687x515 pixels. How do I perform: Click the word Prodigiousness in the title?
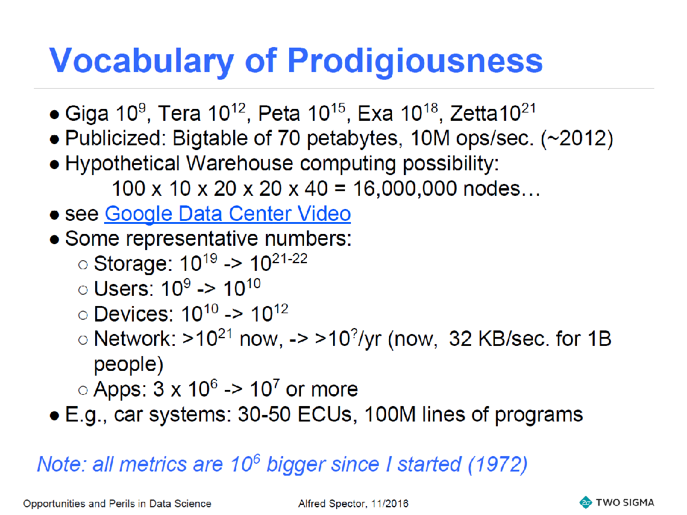click(415, 61)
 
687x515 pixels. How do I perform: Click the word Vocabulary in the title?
click(142, 61)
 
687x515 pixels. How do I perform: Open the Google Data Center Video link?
click(227, 214)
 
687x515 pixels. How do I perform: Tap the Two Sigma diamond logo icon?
click(585, 502)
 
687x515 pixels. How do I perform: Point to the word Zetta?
click(473, 114)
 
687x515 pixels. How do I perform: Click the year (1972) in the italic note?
click(498, 464)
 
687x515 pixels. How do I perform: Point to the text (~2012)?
click(576, 139)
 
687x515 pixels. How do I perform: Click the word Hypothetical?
click(123, 164)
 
